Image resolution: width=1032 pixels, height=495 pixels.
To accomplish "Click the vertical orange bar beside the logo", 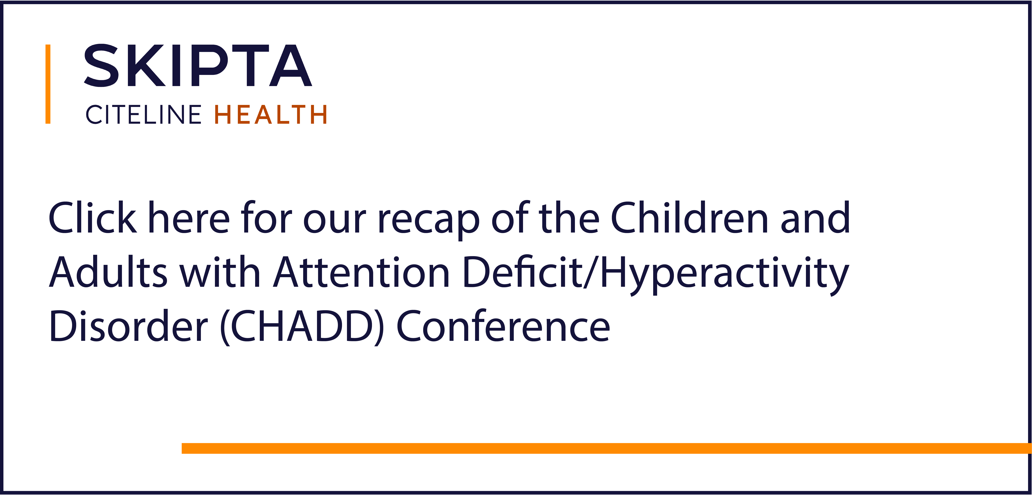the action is coord(48,84).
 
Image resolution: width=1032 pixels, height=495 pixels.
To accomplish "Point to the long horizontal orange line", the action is coord(607,448).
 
